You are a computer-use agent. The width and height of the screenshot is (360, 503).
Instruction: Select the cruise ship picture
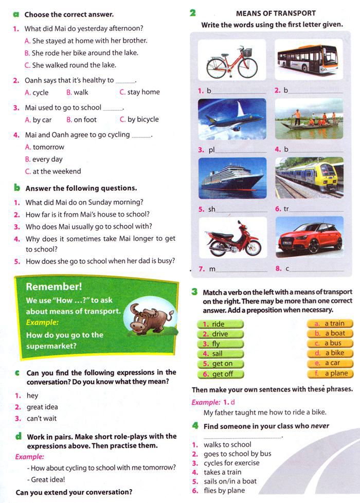(x=232, y=177)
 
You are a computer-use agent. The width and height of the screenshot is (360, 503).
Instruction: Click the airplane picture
(x=232, y=119)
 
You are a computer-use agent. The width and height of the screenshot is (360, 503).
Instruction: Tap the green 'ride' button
(x=220, y=324)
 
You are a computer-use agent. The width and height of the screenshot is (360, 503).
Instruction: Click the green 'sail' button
(x=220, y=354)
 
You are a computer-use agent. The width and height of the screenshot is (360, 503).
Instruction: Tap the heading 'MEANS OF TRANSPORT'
(x=276, y=13)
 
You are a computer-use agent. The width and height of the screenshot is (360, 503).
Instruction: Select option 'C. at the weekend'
(x=53, y=171)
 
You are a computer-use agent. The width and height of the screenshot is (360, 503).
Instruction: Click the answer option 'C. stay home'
(x=140, y=93)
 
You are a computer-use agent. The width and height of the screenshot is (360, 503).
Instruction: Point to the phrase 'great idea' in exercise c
(x=42, y=407)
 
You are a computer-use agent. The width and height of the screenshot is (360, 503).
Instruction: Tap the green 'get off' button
(x=220, y=374)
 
